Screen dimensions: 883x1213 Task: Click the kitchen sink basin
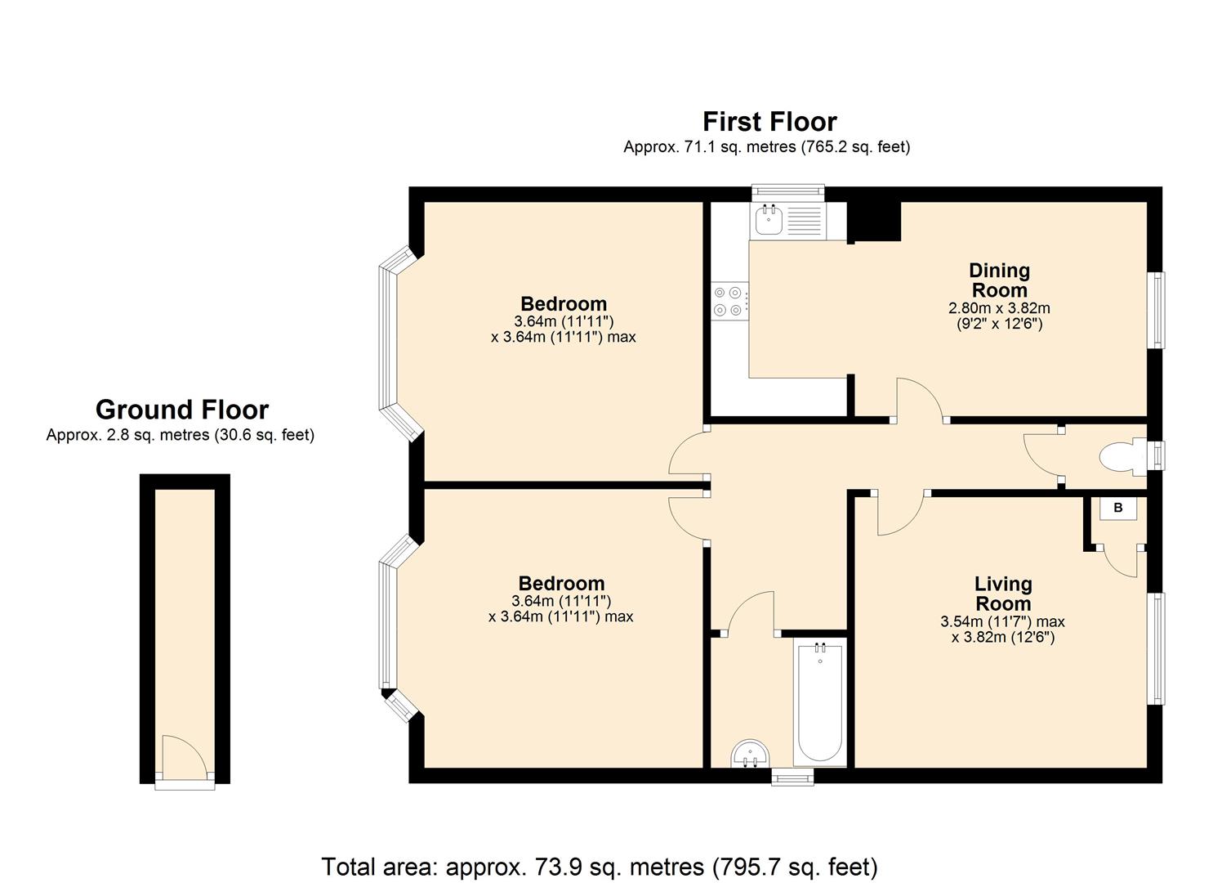(x=769, y=219)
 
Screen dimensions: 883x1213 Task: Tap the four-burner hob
(x=728, y=300)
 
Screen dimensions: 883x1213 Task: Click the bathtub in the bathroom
(x=820, y=703)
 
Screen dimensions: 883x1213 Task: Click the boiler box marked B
(x=1118, y=508)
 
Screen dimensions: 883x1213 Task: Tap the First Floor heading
(x=769, y=122)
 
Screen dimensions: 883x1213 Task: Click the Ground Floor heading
(x=181, y=410)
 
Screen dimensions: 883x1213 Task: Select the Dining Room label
(x=999, y=280)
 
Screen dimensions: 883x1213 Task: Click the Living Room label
(x=1002, y=594)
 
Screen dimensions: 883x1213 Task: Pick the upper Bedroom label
(x=564, y=304)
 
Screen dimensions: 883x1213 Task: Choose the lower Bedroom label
(x=561, y=584)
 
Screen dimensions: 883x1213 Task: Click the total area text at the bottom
(x=600, y=866)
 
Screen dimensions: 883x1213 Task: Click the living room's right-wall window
(x=1156, y=648)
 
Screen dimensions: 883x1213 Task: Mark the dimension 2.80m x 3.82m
(x=999, y=308)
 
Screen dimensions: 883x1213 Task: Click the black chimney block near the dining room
(x=873, y=221)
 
